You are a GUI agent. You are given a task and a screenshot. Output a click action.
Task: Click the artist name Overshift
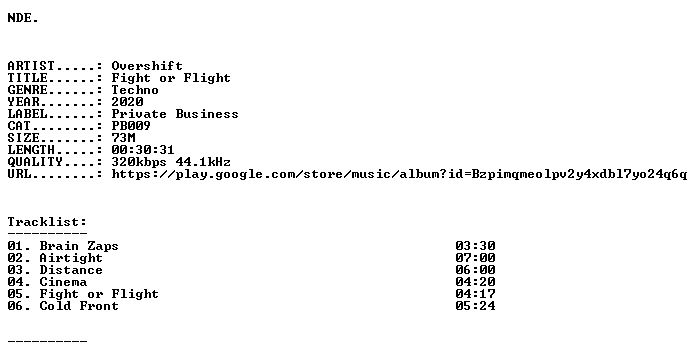point(147,66)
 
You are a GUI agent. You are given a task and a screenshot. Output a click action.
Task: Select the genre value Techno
point(135,90)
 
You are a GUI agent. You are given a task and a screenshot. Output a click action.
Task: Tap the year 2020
point(127,102)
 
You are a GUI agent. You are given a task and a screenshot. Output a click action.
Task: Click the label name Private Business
point(175,114)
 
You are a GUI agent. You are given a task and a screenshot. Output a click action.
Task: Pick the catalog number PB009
point(131,126)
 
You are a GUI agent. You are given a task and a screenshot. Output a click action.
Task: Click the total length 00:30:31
point(143,150)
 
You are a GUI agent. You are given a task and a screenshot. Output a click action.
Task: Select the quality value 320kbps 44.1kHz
point(171,162)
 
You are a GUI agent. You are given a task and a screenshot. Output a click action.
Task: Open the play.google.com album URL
point(399,174)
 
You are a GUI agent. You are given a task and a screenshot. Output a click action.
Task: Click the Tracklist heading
point(47,222)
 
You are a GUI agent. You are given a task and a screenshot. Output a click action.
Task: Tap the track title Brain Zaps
point(79,246)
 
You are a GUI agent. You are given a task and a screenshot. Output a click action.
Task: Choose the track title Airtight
point(71,258)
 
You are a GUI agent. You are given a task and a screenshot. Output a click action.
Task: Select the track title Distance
point(71,270)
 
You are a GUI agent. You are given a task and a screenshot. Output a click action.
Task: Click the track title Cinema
point(63,282)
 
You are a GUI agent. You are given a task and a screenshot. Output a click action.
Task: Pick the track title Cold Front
point(79,306)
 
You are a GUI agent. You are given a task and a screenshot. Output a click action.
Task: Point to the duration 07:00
point(475,258)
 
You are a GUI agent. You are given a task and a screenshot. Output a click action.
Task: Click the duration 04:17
point(475,294)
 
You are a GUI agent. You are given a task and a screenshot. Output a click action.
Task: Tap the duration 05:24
point(475,306)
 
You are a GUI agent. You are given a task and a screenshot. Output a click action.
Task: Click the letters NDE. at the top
point(23,18)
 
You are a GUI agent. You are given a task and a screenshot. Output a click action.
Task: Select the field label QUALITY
point(35,162)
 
